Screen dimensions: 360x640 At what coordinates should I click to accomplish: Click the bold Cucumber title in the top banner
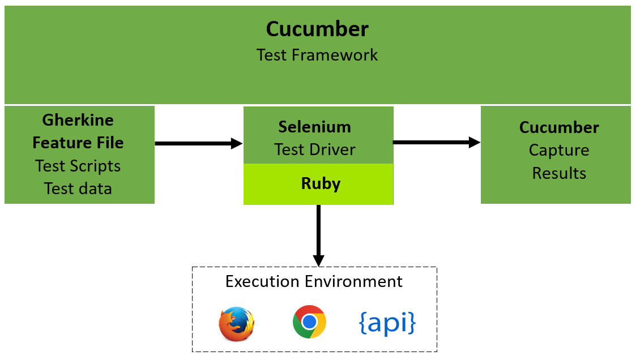coord(317,29)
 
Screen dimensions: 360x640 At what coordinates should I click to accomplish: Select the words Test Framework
coord(317,55)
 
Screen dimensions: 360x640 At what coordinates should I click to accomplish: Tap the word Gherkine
coord(78,121)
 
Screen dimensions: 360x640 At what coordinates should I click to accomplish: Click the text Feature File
coord(78,143)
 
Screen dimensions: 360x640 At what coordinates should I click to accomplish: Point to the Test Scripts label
coord(78,166)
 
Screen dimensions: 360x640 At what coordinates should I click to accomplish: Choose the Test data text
coord(78,188)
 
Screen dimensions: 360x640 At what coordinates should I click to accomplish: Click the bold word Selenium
coord(315,127)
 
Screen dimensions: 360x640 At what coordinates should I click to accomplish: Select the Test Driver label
coord(315,149)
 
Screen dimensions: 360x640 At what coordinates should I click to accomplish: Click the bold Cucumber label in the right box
coord(559,127)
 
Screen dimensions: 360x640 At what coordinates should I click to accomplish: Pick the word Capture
coord(559,150)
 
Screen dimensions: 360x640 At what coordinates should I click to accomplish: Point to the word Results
coord(559,173)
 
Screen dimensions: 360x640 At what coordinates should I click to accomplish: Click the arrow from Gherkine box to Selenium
coord(198,144)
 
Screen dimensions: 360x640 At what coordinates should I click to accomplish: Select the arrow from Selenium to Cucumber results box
coord(436,143)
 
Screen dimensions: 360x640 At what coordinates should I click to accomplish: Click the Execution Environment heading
coord(314,281)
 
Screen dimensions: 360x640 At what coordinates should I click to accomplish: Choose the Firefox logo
coord(236,324)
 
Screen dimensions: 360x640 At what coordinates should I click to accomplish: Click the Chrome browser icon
coord(309,322)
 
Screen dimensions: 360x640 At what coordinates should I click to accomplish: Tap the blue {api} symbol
coord(387,322)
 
